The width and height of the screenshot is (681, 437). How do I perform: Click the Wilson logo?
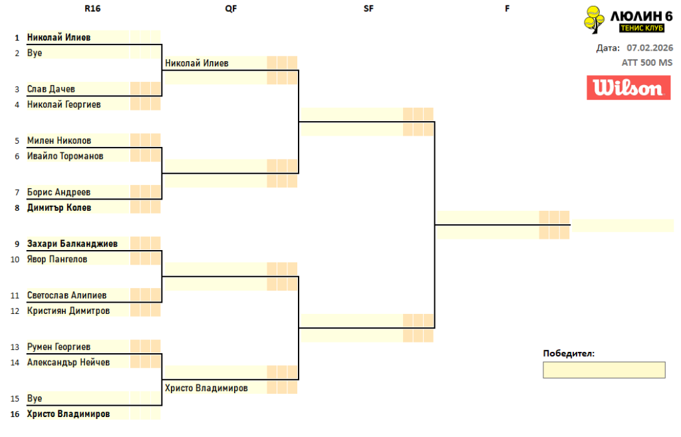(628, 88)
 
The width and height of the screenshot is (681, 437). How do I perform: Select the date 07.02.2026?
(650, 48)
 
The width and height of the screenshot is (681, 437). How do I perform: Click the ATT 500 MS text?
(647, 63)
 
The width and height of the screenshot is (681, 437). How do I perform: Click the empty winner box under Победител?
(604, 370)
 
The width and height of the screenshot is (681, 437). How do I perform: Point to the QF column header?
(231, 9)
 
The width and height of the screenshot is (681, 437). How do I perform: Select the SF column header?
(368, 9)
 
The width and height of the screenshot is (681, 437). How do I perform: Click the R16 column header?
(93, 9)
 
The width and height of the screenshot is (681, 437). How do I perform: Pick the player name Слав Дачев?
(51, 89)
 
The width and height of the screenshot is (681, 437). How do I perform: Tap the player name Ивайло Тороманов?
(65, 156)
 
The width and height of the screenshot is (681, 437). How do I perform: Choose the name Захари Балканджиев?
(72, 244)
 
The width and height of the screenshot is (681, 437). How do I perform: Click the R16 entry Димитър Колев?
(59, 208)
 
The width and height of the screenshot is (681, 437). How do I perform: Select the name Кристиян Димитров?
(68, 311)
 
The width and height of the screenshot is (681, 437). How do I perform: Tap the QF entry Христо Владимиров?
(206, 388)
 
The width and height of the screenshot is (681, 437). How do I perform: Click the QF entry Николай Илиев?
(197, 63)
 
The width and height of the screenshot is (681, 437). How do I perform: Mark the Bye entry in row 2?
(35, 53)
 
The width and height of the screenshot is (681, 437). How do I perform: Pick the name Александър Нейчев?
(68, 363)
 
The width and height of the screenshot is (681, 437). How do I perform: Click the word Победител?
(569, 353)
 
